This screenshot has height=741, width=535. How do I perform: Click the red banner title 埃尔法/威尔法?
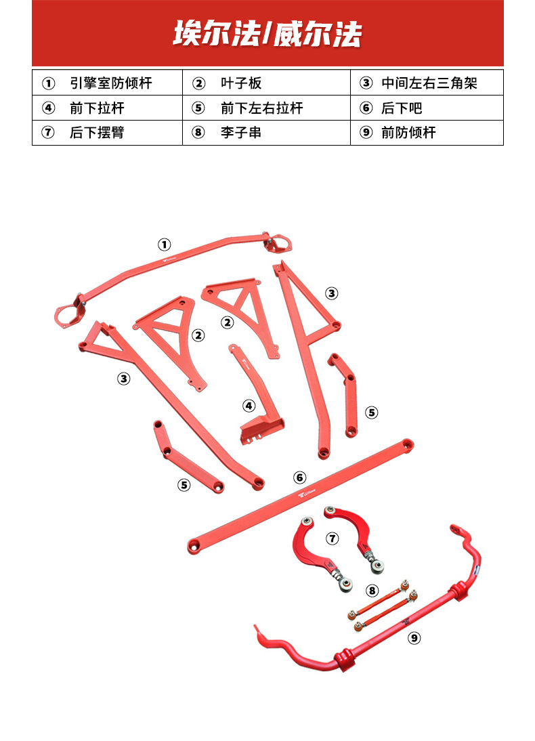click(x=267, y=35)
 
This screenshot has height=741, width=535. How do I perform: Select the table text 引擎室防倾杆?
click(x=111, y=83)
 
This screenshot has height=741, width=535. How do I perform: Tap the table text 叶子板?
click(x=241, y=83)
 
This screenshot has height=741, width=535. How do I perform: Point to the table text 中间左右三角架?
click(x=429, y=83)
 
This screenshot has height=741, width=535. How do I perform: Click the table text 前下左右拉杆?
click(x=261, y=108)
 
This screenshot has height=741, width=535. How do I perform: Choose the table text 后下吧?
click(x=402, y=108)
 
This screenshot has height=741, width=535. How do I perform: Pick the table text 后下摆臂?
click(x=97, y=132)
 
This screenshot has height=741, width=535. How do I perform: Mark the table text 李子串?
click(x=241, y=132)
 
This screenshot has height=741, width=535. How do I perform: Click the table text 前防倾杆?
click(x=408, y=132)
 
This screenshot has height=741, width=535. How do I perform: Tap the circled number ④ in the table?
click(x=48, y=108)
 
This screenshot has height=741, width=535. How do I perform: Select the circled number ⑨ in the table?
click(x=366, y=132)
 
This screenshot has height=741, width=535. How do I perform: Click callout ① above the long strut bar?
click(x=165, y=244)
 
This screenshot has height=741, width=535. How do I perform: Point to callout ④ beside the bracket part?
click(x=249, y=406)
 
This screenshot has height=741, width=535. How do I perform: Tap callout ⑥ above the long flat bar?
click(x=300, y=478)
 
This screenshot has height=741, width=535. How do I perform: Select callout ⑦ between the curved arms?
click(x=332, y=538)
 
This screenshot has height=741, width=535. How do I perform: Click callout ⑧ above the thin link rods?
click(x=372, y=590)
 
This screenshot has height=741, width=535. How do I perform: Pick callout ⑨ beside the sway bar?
click(x=414, y=637)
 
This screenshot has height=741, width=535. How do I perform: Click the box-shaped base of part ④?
click(x=261, y=429)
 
